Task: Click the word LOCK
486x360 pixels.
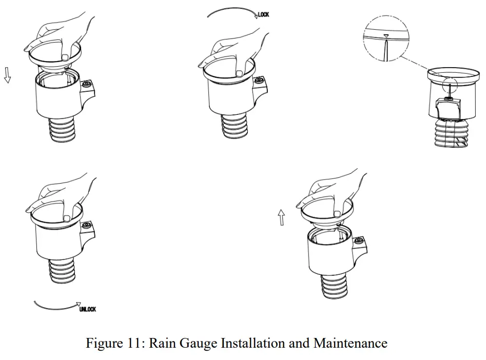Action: (x=262, y=15)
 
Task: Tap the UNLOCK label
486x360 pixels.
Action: (x=87, y=309)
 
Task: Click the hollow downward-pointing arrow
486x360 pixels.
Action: (x=7, y=75)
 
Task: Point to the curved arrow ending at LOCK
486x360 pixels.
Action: (x=231, y=10)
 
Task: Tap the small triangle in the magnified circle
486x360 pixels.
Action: (x=385, y=36)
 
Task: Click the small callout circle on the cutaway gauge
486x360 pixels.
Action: (x=449, y=84)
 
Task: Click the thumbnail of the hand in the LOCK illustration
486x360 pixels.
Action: (x=239, y=73)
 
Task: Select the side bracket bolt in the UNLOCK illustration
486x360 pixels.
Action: (x=87, y=225)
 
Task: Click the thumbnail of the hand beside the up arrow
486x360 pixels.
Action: (x=337, y=213)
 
